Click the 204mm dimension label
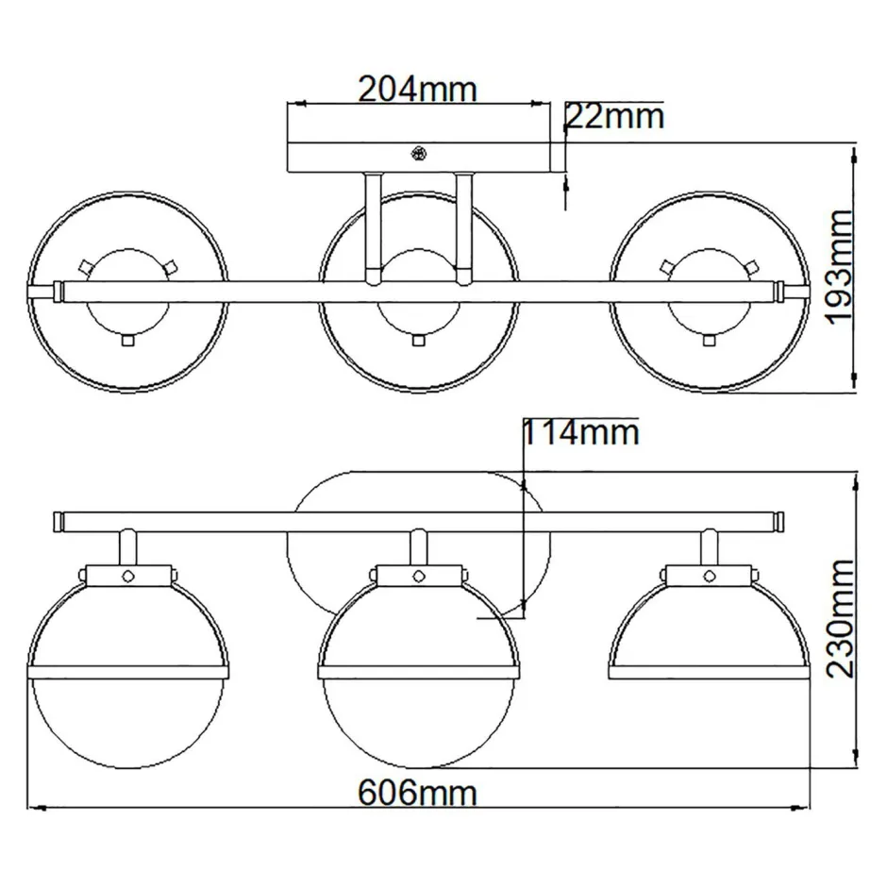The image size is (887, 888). [x=417, y=89]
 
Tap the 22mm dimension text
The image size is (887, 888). [x=614, y=117]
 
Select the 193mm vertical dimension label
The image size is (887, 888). [x=838, y=268]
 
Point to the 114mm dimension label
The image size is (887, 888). [x=581, y=432]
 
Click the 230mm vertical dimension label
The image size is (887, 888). [x=838, y=619]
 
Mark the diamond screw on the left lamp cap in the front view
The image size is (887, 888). [x=126, y=574]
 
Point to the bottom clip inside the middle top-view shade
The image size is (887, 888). [x=418, y=340]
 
